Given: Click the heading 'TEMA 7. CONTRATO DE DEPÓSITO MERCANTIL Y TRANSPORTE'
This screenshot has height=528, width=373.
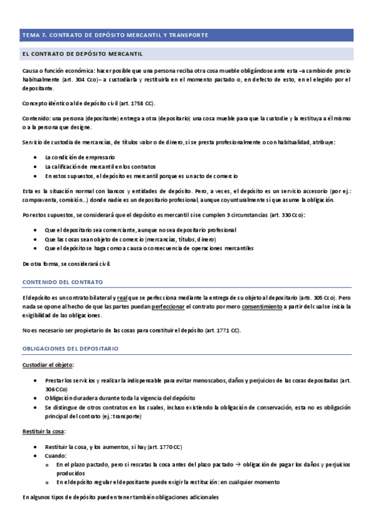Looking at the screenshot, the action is pos(115,34).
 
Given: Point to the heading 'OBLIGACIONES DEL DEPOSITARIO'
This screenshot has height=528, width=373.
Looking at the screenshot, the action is pos(70,349).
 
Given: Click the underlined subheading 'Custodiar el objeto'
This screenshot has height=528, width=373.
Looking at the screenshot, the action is pos(48,364).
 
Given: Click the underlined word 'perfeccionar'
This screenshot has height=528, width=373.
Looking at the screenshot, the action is pos(168,306).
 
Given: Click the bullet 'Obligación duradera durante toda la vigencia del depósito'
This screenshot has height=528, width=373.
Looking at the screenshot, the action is pos(120,397).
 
